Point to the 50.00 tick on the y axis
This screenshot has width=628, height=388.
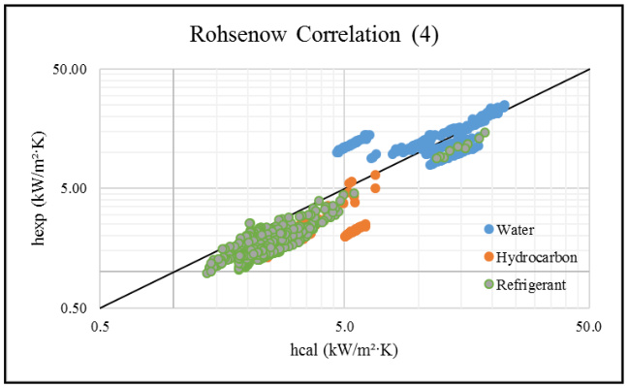[71, 70]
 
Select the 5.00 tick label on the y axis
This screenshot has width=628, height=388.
[75, 188]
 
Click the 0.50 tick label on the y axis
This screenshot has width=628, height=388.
[75, 308]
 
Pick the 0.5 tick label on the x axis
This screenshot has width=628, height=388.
[100, 329]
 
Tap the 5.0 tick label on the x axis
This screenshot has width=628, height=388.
[344, 329]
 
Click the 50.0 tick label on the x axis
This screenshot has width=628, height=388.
[588, 329]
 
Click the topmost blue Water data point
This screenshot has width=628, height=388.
[503, 105]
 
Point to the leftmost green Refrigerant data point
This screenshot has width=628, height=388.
[207, 273]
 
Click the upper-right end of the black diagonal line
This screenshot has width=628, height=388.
[589, 69]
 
